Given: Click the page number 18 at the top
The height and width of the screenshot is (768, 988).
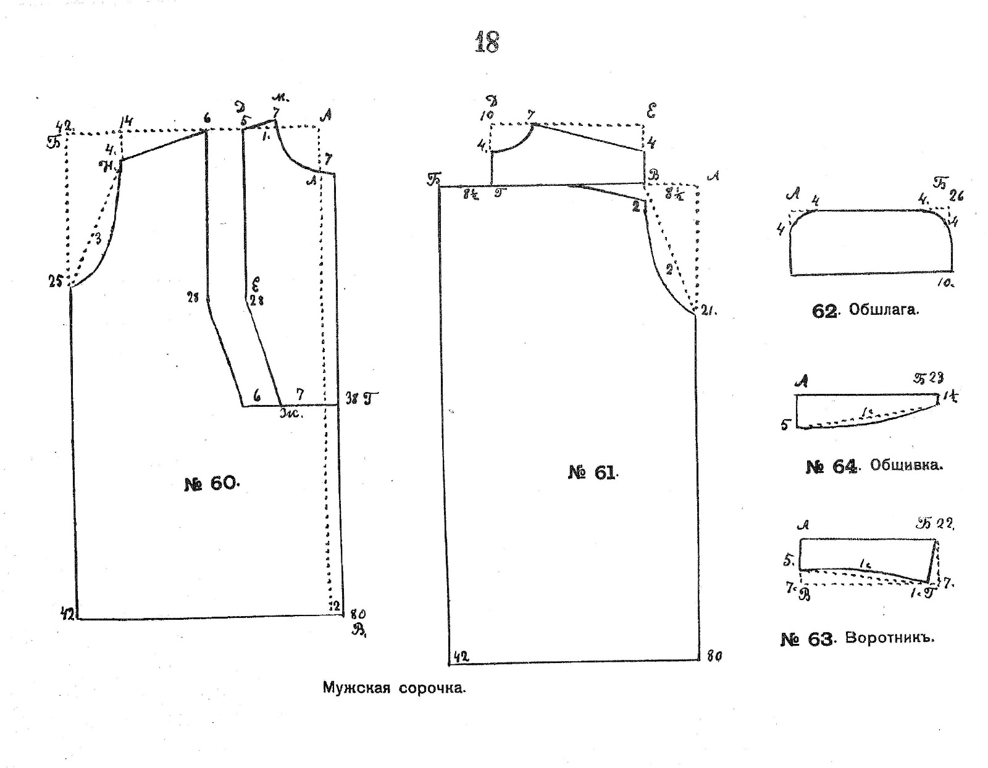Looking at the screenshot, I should point(487,43).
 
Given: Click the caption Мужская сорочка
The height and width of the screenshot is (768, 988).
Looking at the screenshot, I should point(394,688).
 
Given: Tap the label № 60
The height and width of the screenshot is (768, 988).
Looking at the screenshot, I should point(211,483).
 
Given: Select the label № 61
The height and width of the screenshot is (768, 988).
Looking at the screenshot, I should point(592,473).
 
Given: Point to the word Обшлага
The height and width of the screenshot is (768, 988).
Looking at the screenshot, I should point(884,310).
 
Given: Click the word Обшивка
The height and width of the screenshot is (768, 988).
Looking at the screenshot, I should point(906,465).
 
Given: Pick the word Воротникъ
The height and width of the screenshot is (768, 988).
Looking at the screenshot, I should point(889,638).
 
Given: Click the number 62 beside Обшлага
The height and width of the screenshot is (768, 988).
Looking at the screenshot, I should point(824,311).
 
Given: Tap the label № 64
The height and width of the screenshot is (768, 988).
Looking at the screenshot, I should point(831,466).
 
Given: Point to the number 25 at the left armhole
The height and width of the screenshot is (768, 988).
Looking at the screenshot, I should point(56,282).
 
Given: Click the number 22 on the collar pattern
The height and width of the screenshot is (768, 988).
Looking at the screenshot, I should point(945,524).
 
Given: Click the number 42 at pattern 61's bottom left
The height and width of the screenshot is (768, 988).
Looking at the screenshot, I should point(461,656).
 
